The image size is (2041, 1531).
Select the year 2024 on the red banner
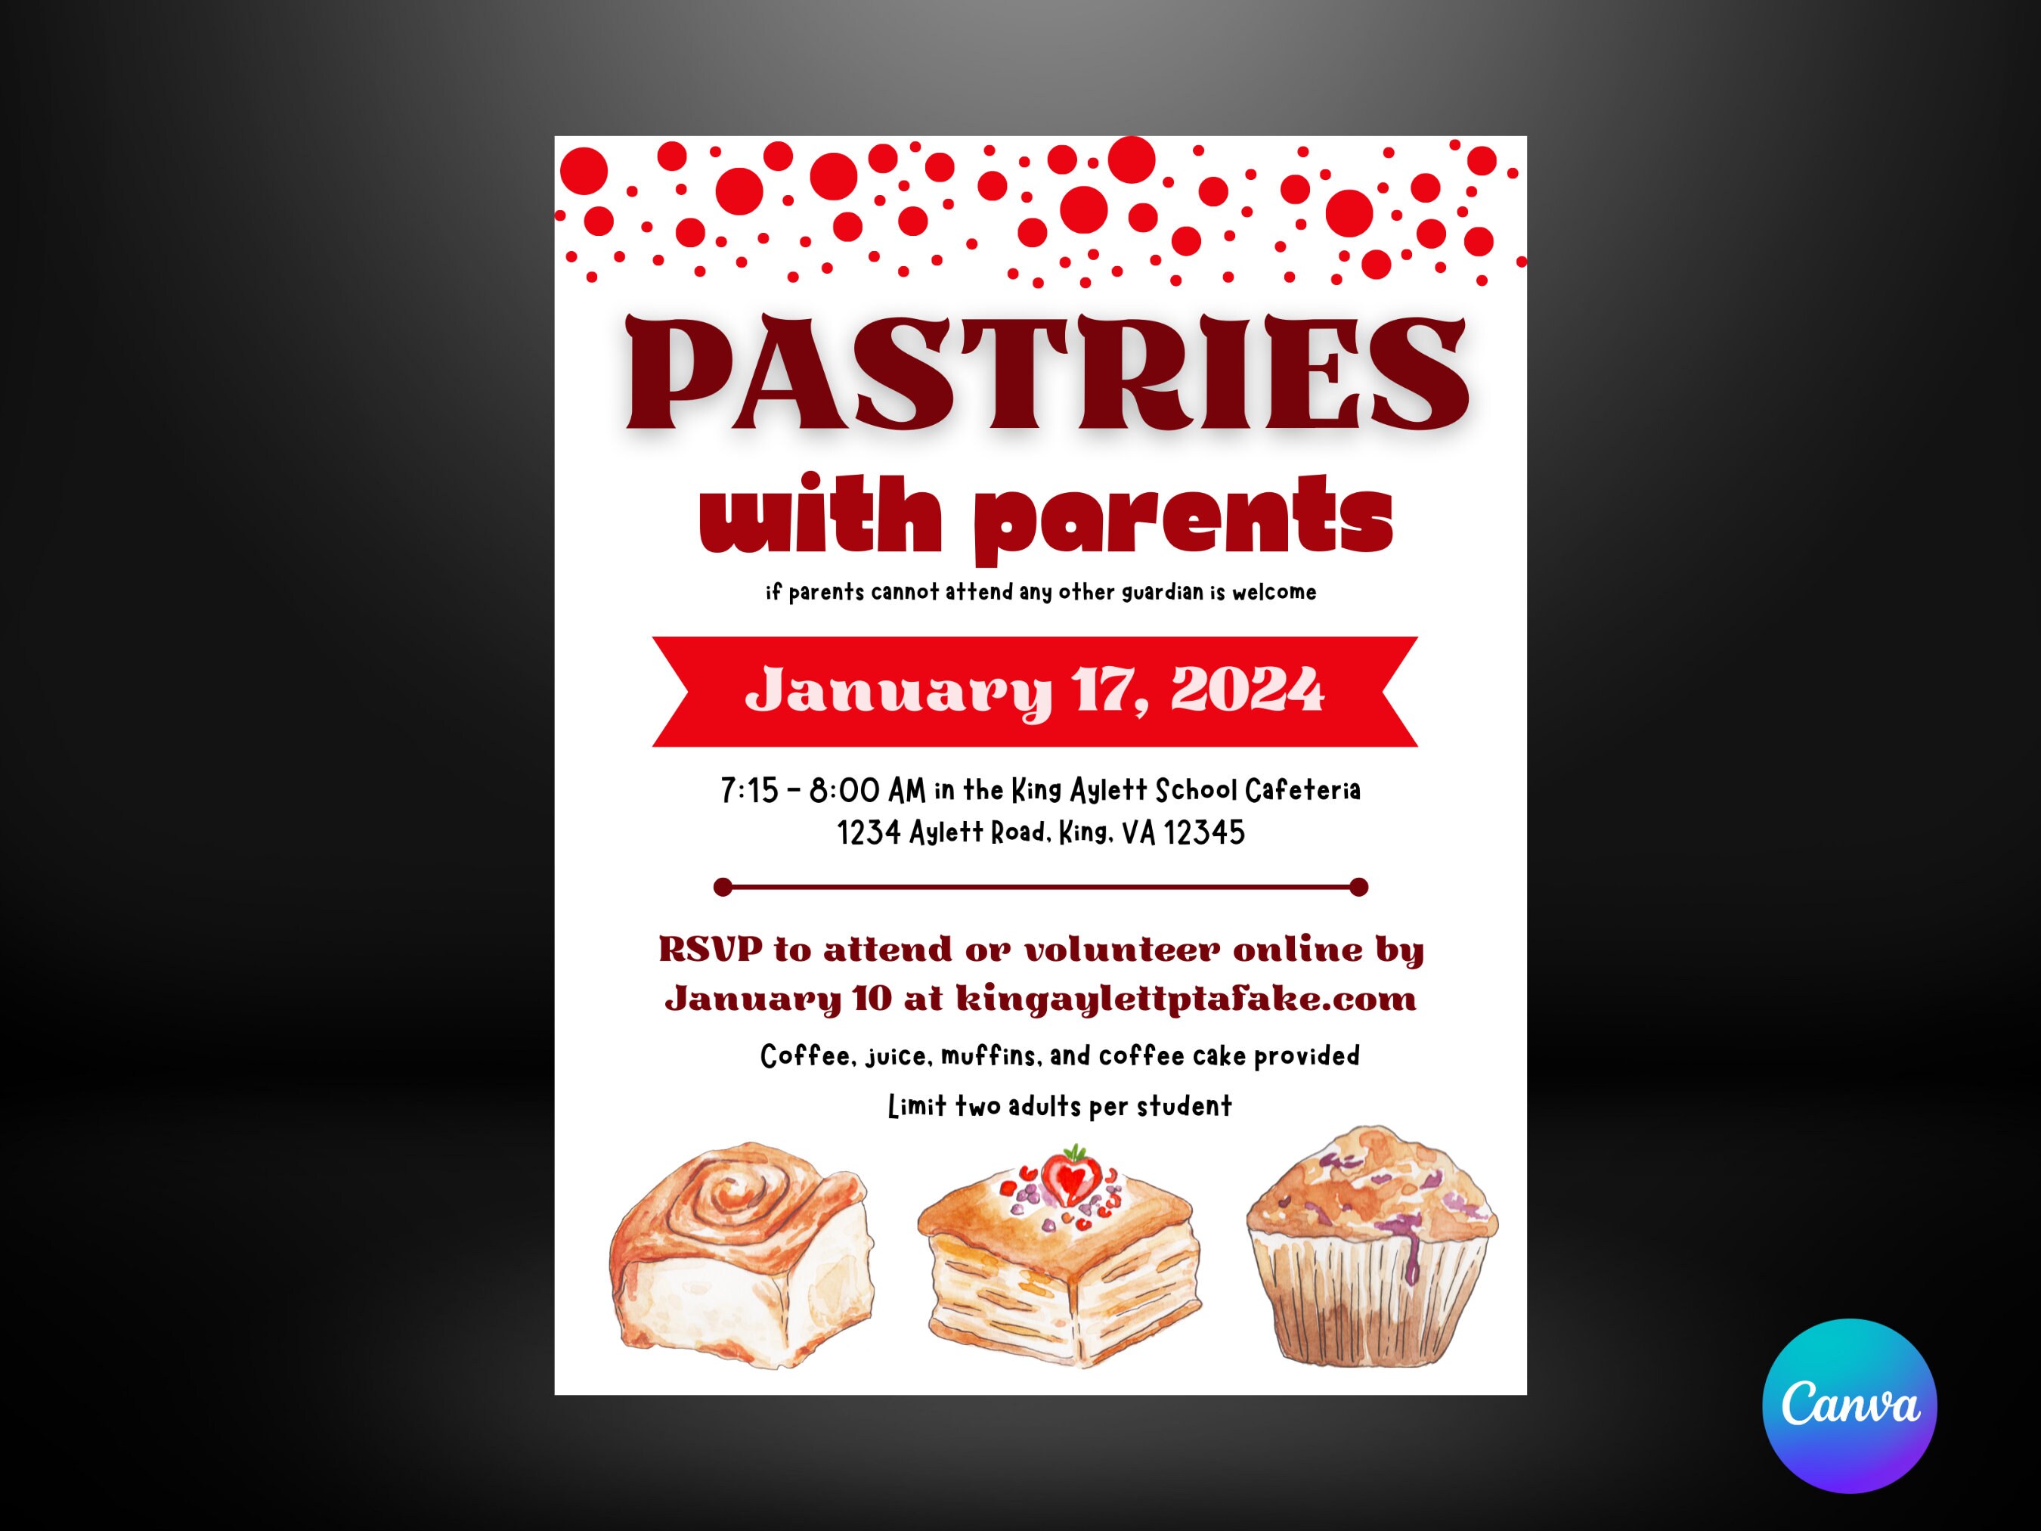click(x=1247, y=690)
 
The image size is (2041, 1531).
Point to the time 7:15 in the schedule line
click(x=749, y=791)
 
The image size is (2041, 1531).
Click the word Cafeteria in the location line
click(x=1303, y=791)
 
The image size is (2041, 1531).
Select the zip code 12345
click(x=1203, y=833)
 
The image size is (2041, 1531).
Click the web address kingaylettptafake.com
click(x=1185, y=999)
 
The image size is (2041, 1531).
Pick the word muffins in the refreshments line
click(x=988, y=1055)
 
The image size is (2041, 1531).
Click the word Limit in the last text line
click(x=916, y=1107)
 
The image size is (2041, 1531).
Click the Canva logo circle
click(x=1849, y=1405)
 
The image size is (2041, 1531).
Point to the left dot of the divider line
click(x=723, y=888)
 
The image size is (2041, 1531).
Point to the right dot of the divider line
click(x=1358, y=888)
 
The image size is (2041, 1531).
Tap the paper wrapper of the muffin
click(x=1370, y=1306)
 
